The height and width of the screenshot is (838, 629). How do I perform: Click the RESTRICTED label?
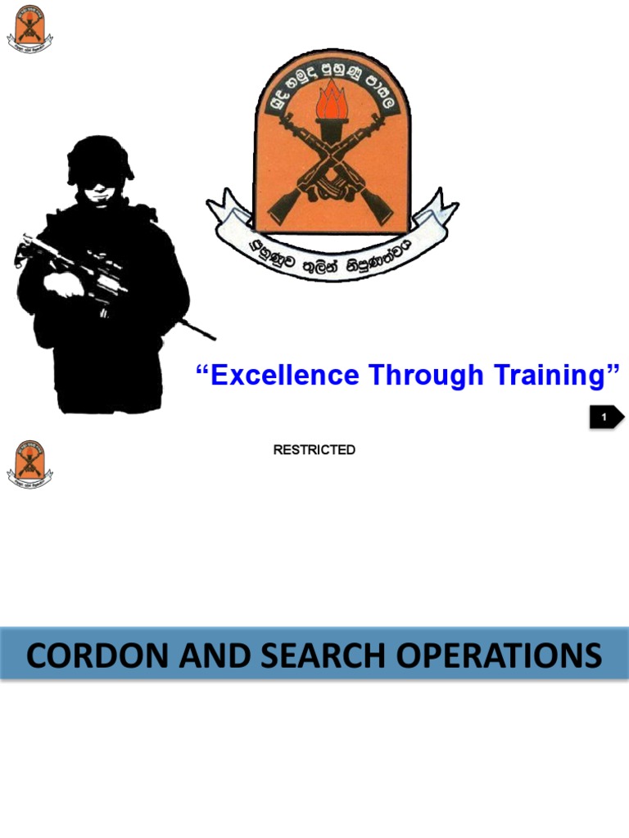314,450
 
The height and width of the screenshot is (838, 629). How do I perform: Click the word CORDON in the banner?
93,656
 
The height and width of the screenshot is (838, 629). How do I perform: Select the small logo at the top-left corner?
30,29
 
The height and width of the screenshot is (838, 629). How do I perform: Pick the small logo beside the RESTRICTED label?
30,464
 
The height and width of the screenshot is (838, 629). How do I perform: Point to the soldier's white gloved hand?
64,285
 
